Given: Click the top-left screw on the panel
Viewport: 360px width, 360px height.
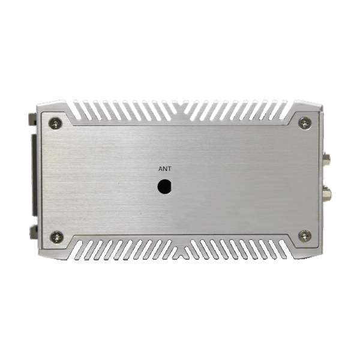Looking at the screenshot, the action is coord(55,123).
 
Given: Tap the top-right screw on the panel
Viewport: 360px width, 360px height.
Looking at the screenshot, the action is coord(305,123).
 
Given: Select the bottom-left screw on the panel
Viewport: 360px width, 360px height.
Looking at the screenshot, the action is coord(57,237).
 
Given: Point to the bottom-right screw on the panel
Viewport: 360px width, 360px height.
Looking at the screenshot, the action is coord(305,236).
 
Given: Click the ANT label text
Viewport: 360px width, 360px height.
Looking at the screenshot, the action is coord(165,169).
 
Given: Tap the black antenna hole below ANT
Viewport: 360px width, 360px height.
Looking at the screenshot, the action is coord(164,187).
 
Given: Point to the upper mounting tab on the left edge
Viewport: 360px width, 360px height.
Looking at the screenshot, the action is coord(32,119).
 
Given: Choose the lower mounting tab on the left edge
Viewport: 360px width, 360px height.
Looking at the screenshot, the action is coord(34,232).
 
